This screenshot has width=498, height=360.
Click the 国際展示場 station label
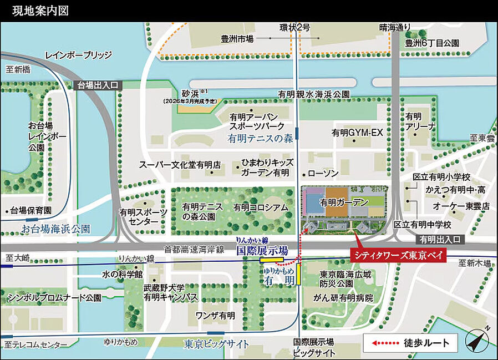click(x=262, y=250)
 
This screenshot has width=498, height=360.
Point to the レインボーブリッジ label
click(x=78, y=55)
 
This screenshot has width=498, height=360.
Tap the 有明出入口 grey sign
click(x=441, y=240)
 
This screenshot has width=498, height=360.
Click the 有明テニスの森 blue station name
click(x=260, y=139)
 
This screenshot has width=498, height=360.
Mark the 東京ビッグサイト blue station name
click(x=217, y=344)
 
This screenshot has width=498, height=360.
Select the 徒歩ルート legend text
click(x=423, y=343)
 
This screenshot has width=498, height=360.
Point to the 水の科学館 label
click(x=123, y=274)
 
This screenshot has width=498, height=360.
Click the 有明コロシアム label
click(x=261, y=207)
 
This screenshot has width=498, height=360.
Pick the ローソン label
click(x=323, y=174)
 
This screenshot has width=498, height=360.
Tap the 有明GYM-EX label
click(x=358, y=133)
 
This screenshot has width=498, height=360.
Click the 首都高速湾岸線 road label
click(x=190, y=250)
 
